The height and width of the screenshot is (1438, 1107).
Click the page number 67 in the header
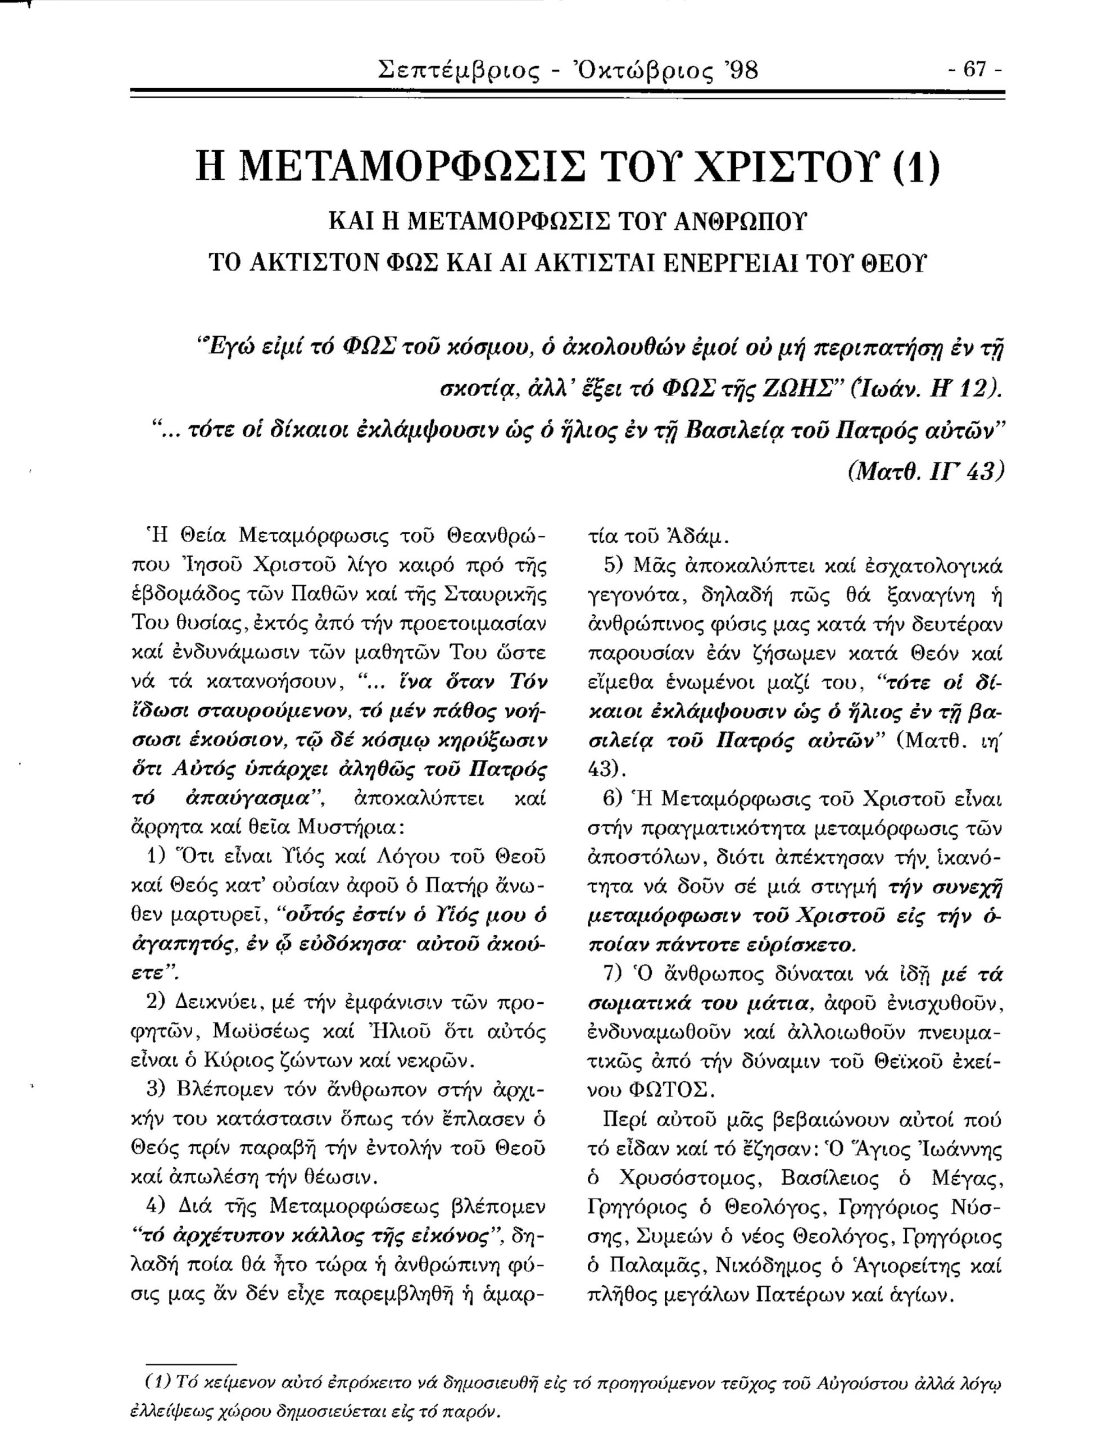tap(973, 69)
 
